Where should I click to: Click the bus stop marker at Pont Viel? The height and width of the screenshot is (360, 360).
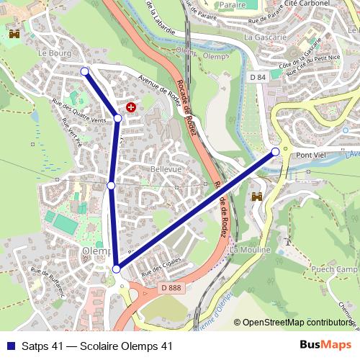[x=276, y=152]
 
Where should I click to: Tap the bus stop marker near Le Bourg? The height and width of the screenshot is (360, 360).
[x=85, y=71]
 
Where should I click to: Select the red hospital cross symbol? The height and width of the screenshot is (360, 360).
[x=130, y=107]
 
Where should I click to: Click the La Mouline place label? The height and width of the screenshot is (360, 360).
[x=251, y=249]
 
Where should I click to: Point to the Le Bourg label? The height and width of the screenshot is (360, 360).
[x=53, y=53]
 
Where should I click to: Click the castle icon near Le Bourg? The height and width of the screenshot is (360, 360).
[x=14, y=34]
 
